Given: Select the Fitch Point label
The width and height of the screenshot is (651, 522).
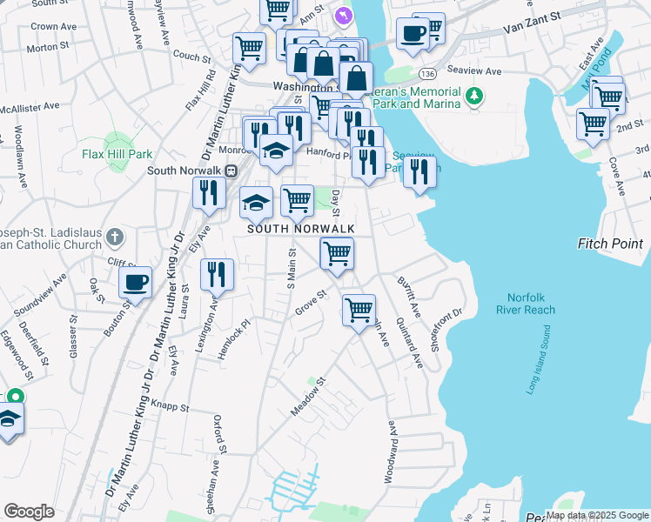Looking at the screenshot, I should click(609, 244).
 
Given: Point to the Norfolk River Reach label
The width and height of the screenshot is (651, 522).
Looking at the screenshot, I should click(526, 302).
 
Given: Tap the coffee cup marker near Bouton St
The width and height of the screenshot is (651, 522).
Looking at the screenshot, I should click(135, 282).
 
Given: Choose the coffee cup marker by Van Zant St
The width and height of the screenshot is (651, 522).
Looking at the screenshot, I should click(413, 34).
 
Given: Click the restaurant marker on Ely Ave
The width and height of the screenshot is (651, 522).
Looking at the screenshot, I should click(208, 191).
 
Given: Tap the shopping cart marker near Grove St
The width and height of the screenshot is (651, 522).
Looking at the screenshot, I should click(359, 309).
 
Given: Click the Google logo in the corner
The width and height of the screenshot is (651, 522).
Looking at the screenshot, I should click(29, 512).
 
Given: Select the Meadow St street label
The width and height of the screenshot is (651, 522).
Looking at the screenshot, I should click(308, 396).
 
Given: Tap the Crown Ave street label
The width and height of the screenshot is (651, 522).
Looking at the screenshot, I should click(44, 27).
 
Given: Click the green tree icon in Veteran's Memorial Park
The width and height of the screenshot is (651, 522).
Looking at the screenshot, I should click(474, 95).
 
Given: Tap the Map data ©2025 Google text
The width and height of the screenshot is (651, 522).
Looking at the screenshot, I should click(597, 515).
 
